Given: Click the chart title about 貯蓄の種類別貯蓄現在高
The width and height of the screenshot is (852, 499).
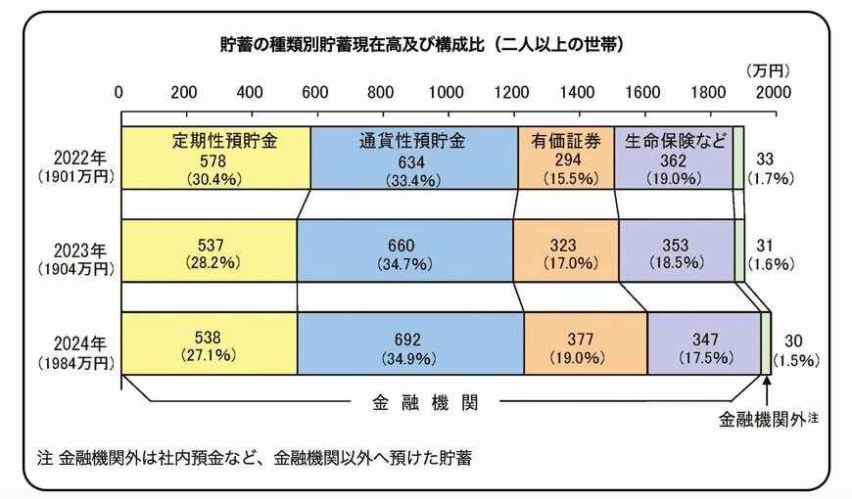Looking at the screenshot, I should [422, 44].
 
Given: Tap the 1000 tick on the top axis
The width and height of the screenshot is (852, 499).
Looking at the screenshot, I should [446, 92].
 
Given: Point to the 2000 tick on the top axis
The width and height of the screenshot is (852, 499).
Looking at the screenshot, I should [773, 92].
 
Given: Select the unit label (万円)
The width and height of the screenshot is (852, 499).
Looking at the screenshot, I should [767, 70].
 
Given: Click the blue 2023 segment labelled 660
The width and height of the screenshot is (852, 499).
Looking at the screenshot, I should [403, 251].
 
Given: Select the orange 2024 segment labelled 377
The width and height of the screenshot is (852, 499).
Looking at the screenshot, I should [585, 344].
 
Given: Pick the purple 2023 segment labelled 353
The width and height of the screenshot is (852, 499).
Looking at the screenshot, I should [676, 251].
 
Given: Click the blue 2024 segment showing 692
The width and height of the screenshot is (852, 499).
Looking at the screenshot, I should [409, 344].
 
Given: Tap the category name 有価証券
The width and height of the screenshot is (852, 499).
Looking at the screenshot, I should [566, 140].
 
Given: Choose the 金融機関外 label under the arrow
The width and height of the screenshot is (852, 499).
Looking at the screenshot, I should [762, 420].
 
